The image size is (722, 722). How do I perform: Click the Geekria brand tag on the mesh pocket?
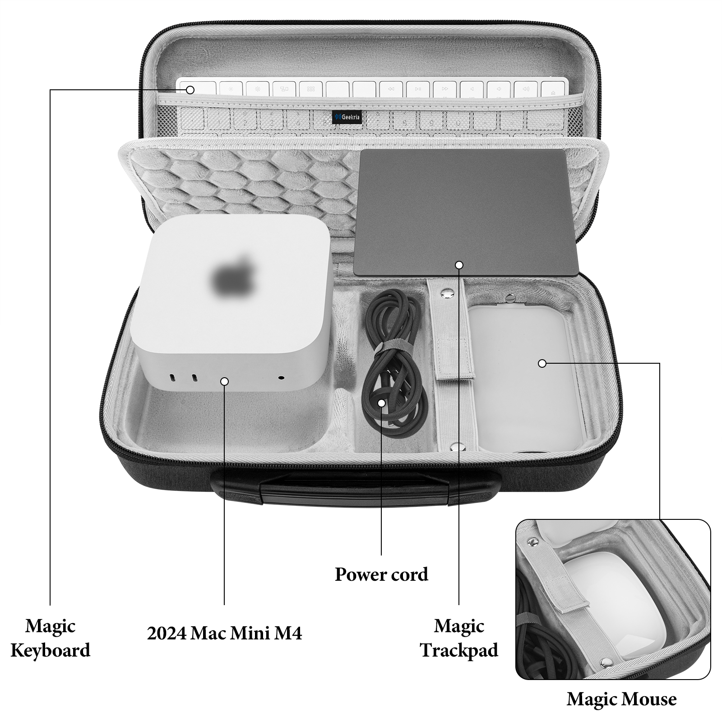point(347,117)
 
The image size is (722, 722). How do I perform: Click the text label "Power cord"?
point(381,574)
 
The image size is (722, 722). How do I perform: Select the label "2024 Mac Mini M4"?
point(224,633)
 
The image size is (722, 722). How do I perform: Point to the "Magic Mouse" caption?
point(621,699)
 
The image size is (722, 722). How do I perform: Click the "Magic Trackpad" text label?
point(459,638)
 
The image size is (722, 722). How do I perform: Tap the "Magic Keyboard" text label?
point(50,638)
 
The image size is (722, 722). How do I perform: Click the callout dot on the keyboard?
point(190,90)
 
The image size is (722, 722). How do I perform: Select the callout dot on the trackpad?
point(459,265)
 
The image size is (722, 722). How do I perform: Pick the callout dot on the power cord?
point(382,403)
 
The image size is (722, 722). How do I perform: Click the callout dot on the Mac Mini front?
point(224,382)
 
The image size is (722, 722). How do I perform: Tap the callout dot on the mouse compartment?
point(542,363)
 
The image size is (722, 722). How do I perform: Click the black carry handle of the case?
point(354,490)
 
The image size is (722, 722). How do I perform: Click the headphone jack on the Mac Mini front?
point(282,378)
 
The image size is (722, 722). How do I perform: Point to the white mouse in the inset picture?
point(600,587)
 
